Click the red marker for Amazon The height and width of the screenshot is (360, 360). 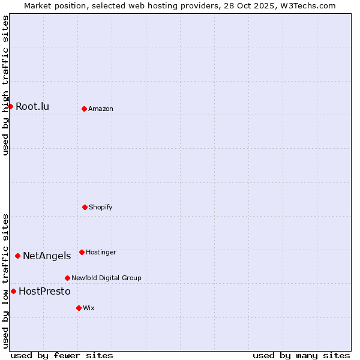click(x=84, y=109)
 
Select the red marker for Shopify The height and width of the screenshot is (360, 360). click(x=85, y=207)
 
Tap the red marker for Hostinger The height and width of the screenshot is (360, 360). click(x=82, y=252)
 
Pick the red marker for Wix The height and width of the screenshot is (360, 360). click(x=79, y=308)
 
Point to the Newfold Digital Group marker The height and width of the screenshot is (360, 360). click(x=67, y=278)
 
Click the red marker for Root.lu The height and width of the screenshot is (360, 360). click(x=10, y=106)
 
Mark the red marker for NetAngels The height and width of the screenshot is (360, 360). click(x=17, y=256)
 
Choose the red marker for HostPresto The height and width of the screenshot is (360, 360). click(x=13, y=291)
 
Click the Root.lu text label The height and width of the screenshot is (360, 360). click(x=32, y=107)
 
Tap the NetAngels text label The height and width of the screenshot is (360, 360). click(x=47, y=256)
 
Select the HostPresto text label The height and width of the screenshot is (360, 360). click(x=44, y=292)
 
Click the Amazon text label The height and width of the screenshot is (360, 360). click(x=101, y=109)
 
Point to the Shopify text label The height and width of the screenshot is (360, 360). click(x=101, y=208)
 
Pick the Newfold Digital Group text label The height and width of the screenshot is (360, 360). click(x=106, y=278)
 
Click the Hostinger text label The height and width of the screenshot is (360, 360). click(x=101, y=253)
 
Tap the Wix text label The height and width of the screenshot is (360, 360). click(x=89, y=308)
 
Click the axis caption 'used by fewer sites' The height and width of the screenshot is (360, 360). click(x=62, y=355)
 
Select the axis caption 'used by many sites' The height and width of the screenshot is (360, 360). click(x=301, y=355)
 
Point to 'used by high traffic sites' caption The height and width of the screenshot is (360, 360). click(x=5, y=85)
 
